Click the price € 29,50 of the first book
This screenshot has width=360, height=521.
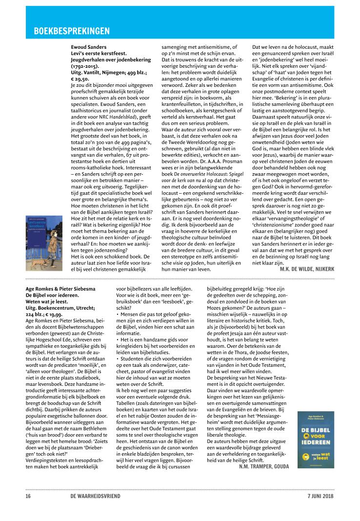(81, 78)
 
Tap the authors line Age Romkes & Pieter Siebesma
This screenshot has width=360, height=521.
(60, 289)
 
